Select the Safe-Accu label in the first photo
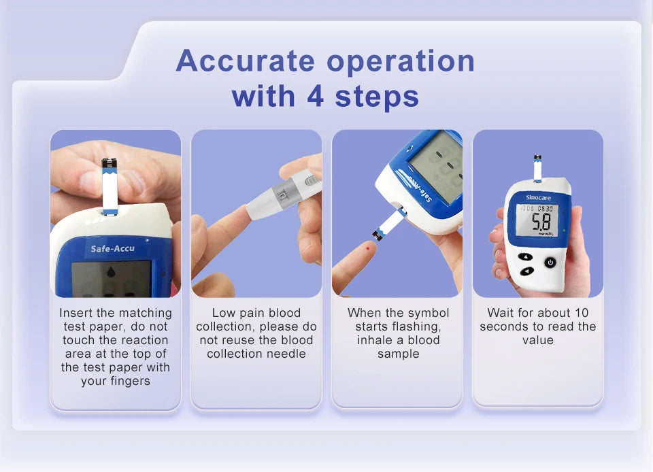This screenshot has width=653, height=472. click(x=113, y=248)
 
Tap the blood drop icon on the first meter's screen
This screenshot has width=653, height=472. click(x=112, y=273)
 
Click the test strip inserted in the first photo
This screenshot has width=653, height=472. click(x=109, y=187)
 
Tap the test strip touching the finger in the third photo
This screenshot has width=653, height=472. click(x=389, y=224)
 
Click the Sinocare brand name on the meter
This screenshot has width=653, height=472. click(x=538, y=197)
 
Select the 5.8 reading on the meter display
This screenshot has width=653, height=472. click(x=541, y=221)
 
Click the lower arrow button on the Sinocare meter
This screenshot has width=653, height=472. click(x=527, y=271)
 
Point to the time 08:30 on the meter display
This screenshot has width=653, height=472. click(x=546, y=208)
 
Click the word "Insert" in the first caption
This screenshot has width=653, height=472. click(x=77, y=313)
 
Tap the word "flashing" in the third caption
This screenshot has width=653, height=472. click(x=417, y=326)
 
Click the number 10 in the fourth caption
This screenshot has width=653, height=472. click(x=582, y=313)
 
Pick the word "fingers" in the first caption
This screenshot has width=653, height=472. click(x=130, y=381)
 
